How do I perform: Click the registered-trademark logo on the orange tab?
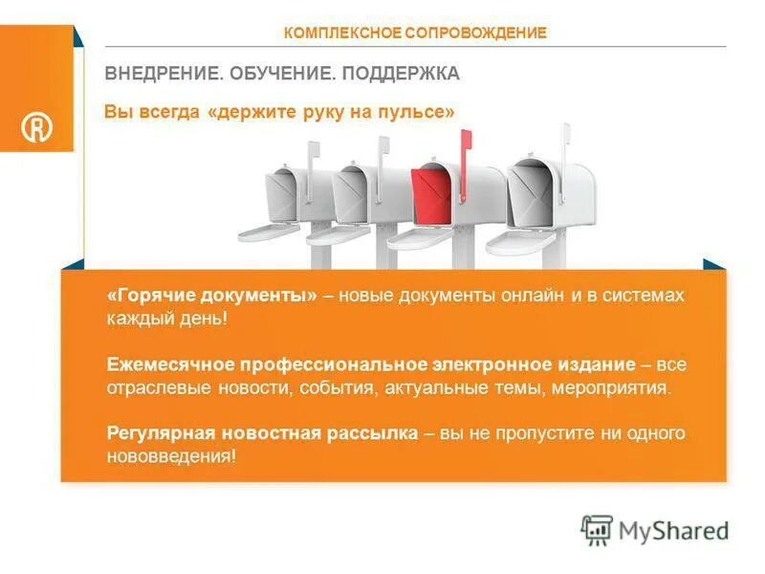click(36, 128)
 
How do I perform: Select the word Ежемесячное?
click(168, 364)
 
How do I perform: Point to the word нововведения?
click(170, 456)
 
